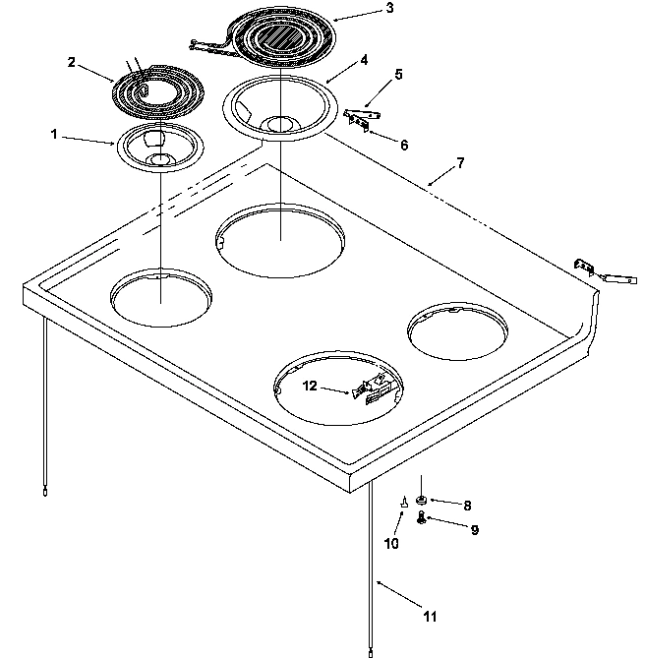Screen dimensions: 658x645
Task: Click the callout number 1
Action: (x=55, y=133)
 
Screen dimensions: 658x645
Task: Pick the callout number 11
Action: (x=430, y=617)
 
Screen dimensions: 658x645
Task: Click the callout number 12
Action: (x=310, y=386)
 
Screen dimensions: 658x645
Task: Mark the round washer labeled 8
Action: (x=421, y=502)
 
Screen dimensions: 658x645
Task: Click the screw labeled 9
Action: (x=422, y=518)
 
